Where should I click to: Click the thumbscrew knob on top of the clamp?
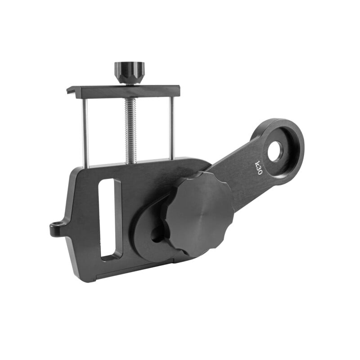click(x=129, y=72)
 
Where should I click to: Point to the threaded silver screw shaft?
click(x=131, y=130)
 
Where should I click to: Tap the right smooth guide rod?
click(x=171, y=128)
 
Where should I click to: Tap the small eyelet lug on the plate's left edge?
click(x=56, y=229)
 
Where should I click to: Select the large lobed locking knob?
click(x=200, y=214)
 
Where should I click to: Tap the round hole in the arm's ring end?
click(x=275, y=151)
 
